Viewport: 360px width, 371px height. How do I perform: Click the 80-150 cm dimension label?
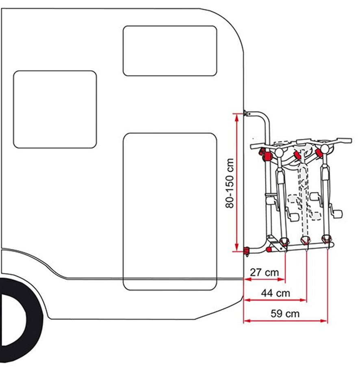pyautogui.click(x=230, y=183)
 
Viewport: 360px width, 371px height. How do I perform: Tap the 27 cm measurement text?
pyautogui.click(x=265, y=272)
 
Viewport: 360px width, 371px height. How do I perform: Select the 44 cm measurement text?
pyautogui.click(x=275, y=293)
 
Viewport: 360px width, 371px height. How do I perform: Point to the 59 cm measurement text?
pyautogui.click(x=285, y=314)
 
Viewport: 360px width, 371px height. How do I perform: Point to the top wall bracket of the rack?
pyautogui.click(x=247, y=113)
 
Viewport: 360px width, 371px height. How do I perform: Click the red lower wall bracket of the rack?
pyautogui.click(x=247, y=251)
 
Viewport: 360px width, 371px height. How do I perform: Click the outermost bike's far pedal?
pyautogui.click(x=338, y=214)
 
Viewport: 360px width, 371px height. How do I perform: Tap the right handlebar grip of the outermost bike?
pyautogui.click(x=345, y=140)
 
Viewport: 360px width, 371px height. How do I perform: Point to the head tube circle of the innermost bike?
pyautogui.click(x=279, y=152)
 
